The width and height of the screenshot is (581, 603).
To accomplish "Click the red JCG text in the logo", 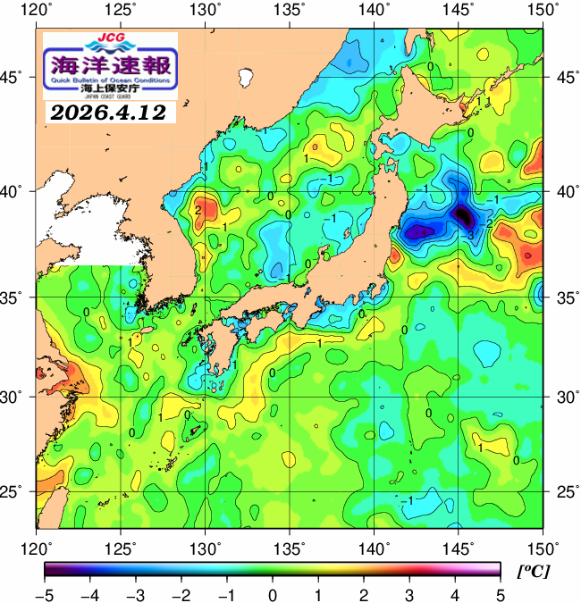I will tap(110, 39).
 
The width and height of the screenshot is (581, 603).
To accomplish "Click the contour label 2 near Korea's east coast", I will tap(197, 210).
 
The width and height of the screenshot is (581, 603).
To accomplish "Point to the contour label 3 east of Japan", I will tap(470, 234).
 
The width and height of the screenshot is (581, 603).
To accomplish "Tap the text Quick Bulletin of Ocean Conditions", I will tap(110, 80).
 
